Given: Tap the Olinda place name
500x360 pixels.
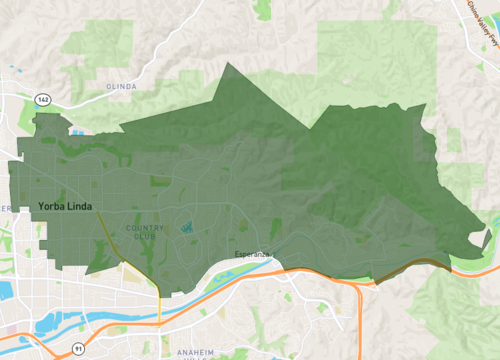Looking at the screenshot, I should click(120, 87).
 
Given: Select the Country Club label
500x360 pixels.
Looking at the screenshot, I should click(146, 232).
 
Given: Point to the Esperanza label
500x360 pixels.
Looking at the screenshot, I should click(253, 254).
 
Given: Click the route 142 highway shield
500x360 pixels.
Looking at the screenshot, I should click(43, 100).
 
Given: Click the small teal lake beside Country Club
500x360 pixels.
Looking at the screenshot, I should click(187, 227).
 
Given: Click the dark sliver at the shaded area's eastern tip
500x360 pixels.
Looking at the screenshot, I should click(486, 239).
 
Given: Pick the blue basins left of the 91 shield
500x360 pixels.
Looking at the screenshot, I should click(50, 323).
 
